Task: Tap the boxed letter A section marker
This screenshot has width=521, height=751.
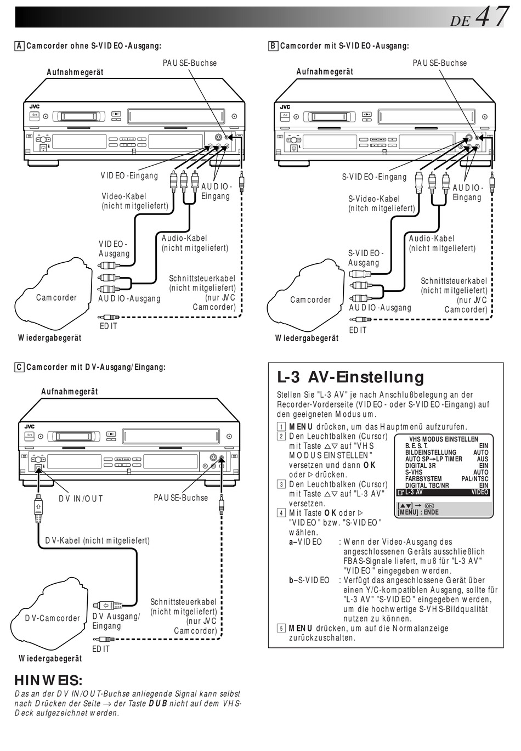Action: coord(19,46)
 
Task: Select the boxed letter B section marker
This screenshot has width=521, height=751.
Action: coord(273,46)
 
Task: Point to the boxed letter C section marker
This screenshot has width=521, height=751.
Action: coord(19,367)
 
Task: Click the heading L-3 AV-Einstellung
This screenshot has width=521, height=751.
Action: coord(350,377)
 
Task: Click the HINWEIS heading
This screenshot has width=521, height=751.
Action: coord(48,681)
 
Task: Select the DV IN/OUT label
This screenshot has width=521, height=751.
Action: coord(81,499)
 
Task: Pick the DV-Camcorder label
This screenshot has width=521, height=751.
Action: coord(53,618)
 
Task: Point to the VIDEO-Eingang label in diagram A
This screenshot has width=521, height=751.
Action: coord(129,176)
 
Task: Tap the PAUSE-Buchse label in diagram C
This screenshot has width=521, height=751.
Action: coord(181,498)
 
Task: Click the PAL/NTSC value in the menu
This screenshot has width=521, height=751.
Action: coord(474,479)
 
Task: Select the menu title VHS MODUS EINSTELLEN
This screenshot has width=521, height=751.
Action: coord(444,439)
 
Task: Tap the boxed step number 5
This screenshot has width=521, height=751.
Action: coord(281,629)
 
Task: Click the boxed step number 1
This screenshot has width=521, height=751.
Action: coord(281,427)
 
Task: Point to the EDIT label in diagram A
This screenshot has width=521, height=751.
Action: coord(109,326)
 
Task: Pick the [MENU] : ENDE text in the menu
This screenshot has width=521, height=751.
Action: coord(418,512)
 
